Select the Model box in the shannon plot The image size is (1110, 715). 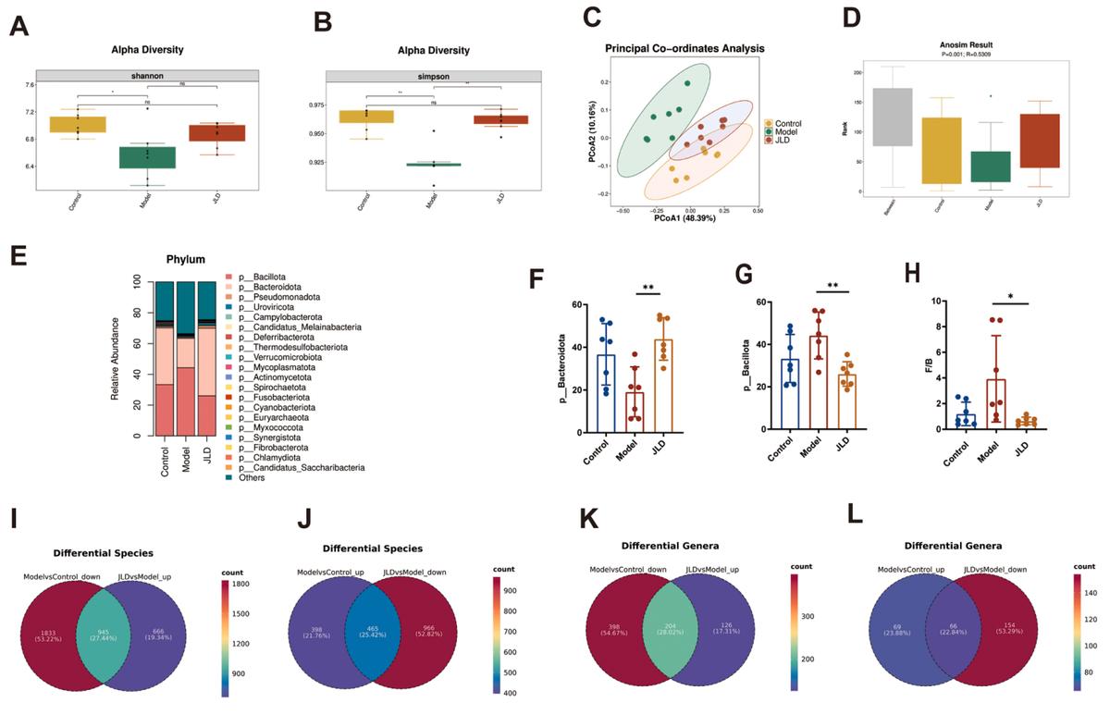pos(148,157)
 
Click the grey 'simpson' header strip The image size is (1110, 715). pos(433,76)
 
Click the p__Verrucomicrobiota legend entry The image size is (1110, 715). pos(286,357)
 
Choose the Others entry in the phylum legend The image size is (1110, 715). pos(251,477)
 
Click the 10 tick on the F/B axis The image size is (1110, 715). pos(936,302)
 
